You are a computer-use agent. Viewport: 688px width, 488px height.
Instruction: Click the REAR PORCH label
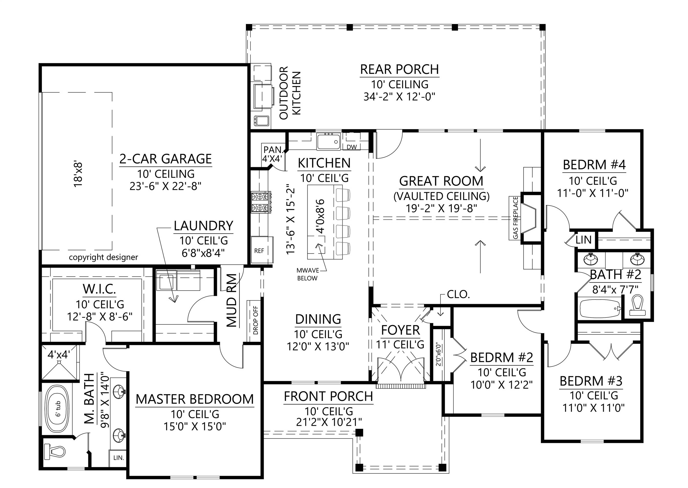click(399, 69)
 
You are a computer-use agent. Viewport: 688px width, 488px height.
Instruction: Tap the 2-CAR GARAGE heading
click(166, 159)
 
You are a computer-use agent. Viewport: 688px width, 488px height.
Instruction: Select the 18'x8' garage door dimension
click(78, 175)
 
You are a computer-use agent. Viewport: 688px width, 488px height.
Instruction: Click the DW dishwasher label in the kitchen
click(352, 147)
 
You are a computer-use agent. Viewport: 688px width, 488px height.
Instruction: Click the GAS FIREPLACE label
click(515, 218)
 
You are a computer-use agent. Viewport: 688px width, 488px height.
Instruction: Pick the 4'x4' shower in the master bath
click(59, 362)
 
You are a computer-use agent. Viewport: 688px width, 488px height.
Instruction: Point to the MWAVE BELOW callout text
click(307, 274)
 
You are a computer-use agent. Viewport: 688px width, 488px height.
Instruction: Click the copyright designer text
click(104, 257)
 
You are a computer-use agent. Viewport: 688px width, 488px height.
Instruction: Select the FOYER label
click(400, 330)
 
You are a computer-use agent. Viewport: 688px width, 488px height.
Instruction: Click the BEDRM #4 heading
click(594, 165)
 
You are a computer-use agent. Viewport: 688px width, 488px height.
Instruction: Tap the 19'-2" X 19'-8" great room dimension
click(441, 208)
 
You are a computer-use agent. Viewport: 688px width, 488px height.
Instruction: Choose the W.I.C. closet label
click(100, 289)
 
